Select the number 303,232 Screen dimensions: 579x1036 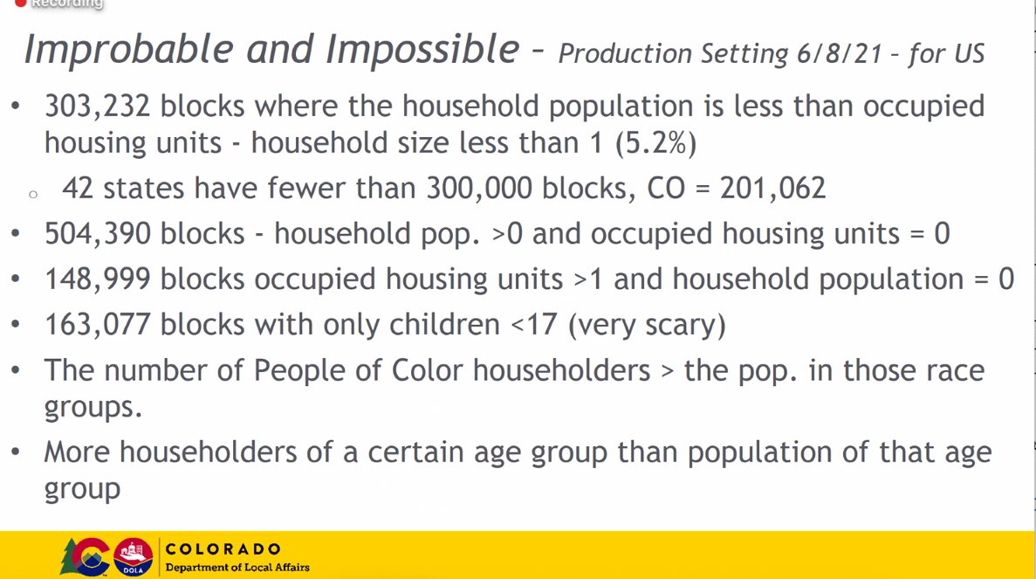[98, 107]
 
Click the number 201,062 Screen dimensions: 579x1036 [772, 189]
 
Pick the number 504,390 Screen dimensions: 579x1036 [98, 234]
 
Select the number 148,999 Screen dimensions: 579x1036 [98, 279]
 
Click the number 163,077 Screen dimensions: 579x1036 [98, 325]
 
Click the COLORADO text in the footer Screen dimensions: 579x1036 [223, 549]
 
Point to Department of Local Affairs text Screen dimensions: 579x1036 [237, 568]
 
